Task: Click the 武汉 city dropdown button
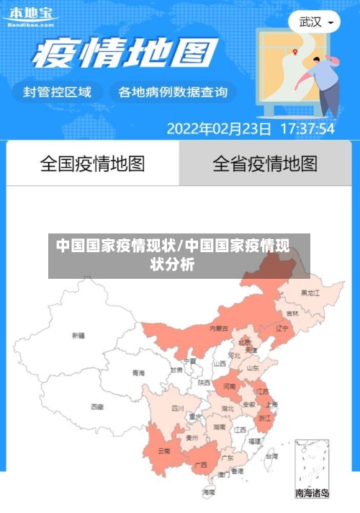(x=315, y=22)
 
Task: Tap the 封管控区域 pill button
(x=58, y=92)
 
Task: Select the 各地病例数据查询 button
(x=172, y=92)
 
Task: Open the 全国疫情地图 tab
(x=92, y=164)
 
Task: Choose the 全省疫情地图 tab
(x=265, y=164)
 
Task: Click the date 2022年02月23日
(x=219, y=129)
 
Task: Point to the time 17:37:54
(x=307, y=129)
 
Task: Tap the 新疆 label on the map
(x=78, y=335)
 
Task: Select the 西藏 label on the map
(x=96, y=406)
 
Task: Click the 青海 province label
(x=138, y=373)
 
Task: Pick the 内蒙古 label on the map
(x=219, y=328)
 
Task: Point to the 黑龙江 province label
(x=310, y=293)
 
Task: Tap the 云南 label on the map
(x=164, y=451)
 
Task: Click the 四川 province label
(x=178, y=408)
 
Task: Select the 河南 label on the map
(x=229, y=387)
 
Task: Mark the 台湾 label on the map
(x=271, y=456)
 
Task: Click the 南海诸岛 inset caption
(x=312, y=494)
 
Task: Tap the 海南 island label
(x=208, y=492)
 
